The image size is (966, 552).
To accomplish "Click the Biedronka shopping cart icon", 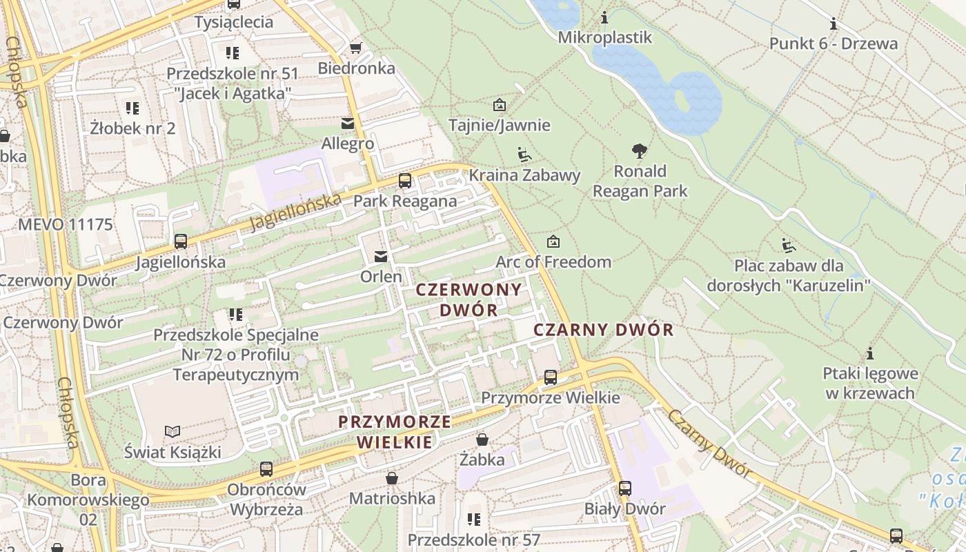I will [x=356, y=48].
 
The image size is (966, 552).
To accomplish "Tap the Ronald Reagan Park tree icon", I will [x=640, y=150].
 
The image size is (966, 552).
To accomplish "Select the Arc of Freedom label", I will [x=553, y=262].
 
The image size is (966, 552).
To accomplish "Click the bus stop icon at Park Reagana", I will [x=405, y=181].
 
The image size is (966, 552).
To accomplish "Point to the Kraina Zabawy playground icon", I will [x=524, y=155].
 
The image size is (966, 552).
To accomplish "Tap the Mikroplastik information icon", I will [x=604, y=17].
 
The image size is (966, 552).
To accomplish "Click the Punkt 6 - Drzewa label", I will [x=834, y=44].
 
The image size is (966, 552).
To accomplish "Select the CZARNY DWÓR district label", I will [x=603, y=330].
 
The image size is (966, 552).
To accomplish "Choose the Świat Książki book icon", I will [x=172, y=432].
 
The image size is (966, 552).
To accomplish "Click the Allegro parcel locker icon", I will [x=348, y=124].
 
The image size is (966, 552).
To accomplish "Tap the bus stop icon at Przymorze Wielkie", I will [x=550, y=377].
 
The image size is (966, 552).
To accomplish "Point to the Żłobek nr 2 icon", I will [x=132, y=108].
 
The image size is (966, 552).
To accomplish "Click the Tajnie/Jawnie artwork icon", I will [x=499, y=105].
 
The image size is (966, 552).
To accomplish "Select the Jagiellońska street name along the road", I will [x=295, y=212].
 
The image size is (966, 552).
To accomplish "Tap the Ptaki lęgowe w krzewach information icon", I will [x=870, y=353].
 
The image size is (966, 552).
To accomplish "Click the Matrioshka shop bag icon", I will [x=392, y=478].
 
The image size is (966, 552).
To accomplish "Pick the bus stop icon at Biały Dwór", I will [x=624, y=489].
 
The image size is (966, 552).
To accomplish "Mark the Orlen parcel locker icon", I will [x=380, y=257].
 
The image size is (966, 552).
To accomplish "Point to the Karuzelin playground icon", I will [x=788, y=245].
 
